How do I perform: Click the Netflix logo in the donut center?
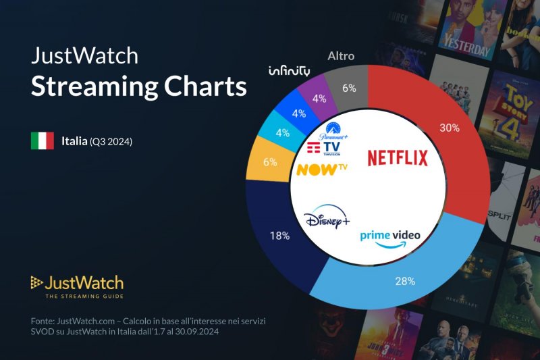coord(398,158)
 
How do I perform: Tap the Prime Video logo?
coord(389,237)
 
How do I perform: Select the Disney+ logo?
coord(327,220)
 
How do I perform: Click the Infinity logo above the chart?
coord(289,71)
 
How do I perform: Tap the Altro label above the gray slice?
coord(340,56)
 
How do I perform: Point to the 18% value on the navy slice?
coord(279,236)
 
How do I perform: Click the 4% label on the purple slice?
coord(319,98)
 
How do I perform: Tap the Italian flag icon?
coord(43,141)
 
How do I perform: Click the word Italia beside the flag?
coord(74,141)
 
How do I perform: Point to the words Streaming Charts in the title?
coord(139,86)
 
